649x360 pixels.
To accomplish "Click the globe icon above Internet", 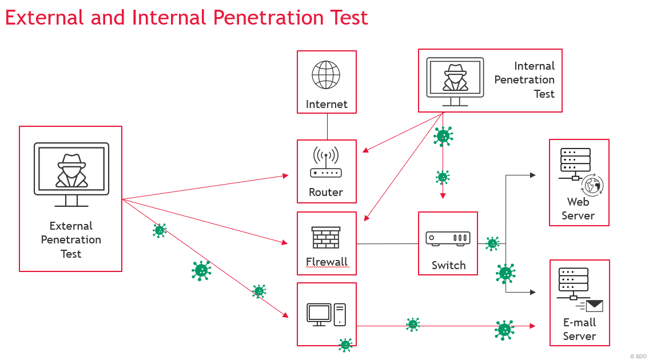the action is (326, 75).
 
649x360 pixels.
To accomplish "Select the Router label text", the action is (326, 192).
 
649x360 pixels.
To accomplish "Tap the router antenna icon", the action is (326, 162).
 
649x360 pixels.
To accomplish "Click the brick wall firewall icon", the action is (326, 238).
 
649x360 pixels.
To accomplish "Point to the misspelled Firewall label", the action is (327, 262).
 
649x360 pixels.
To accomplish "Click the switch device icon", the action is (448, 238).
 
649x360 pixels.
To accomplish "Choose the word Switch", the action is (449, 265).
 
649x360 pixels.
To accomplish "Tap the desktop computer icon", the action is (326, 314).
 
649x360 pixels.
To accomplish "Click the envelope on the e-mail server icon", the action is (594, 305).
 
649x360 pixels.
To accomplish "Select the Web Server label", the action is (578, 209).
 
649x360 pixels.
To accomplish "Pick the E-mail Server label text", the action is (579, 329).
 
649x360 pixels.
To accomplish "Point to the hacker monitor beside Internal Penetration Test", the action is (455, 82).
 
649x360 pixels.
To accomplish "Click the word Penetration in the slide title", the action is (268, 17).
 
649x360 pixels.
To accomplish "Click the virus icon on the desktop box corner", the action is (345, 345).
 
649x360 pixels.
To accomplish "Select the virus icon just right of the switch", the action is (492, 244).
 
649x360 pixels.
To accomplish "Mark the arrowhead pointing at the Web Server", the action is (533, 175).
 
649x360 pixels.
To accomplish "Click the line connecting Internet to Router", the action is (327, 127).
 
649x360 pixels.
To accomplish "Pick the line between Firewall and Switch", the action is (388, 244).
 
